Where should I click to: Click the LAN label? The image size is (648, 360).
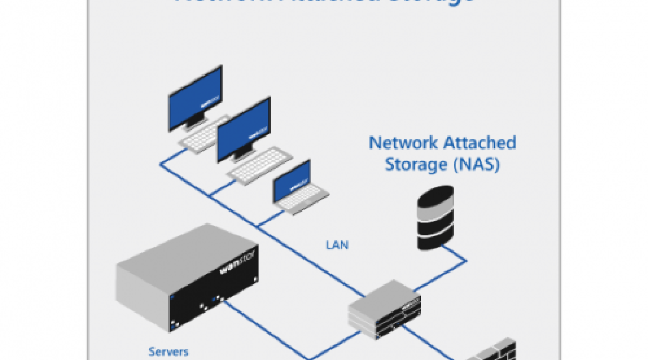pos(337,245)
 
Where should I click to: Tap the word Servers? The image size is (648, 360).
pos(168,351)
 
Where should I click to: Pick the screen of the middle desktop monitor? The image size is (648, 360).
pos(243,130)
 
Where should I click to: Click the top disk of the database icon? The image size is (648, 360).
pos(436,198)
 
